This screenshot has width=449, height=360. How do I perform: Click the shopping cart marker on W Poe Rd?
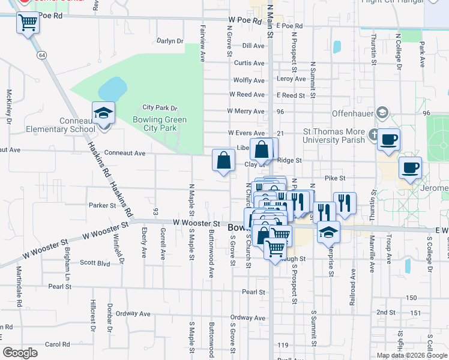pyautogui.click(x=28, y=23)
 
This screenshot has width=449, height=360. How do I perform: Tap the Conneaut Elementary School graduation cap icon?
pyautogui.click(x=103, y=112)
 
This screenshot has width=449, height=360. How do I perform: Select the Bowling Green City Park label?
pyautogui.click(x=160, y=124)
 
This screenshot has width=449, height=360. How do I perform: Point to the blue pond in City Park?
pyautogui.click(x=112, y=90)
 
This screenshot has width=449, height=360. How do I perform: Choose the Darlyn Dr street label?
pyautogui.click(x=170, y=41)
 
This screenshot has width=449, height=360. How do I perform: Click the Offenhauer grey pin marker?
pyautogui.click(x=382, y=113)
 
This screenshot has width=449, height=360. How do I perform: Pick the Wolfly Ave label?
pyautogui.click(x=249, y=80)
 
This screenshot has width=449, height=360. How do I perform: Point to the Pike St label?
pyautogui.click(x=335, y=178)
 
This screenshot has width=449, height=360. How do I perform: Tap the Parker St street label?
pyautogui.click(x=102, y=205)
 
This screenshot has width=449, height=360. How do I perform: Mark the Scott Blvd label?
pyautogui.click(x=95, y=262)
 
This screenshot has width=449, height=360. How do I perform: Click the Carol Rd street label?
pyautogui.click(x=57, y=344)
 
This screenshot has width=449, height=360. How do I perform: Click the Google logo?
pyautogui.click(x=20, y=353)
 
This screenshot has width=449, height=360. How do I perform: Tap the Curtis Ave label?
pyautogui.click(x=249, y=63)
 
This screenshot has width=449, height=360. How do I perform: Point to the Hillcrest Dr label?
pyautogui.click(x=92, y=316)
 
